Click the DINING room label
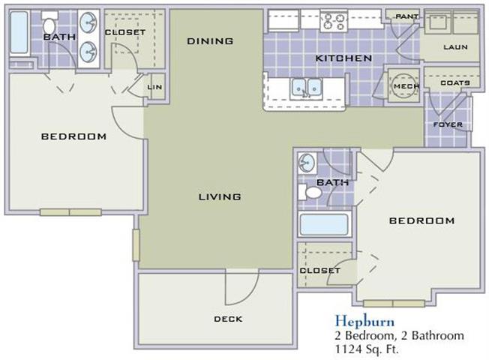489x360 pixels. point(210,40)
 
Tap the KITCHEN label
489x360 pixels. point(343,58)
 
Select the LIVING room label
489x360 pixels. point(220,196)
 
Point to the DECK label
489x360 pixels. point(228,319)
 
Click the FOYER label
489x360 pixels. point(448,124)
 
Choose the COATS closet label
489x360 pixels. point(455,82)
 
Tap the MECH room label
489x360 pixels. point(406,86)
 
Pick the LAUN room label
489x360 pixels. point(456,47)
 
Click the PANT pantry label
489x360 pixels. point(407,16)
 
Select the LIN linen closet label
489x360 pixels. point(154,87)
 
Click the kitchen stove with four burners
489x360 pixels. point(334,21)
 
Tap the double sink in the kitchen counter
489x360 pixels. point(306,88)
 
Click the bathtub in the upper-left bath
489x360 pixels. point(19,32)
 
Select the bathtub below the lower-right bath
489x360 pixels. point(325,224)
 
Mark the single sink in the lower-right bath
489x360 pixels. point(307,163)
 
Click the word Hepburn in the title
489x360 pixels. point(364,321)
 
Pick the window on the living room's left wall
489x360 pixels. point(136,245)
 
